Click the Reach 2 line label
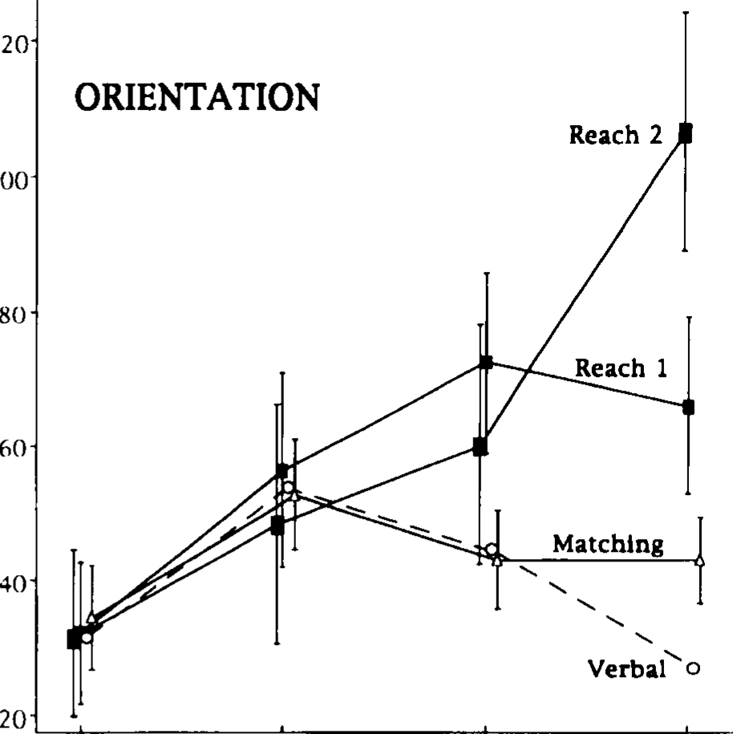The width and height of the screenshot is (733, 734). coord(615,135)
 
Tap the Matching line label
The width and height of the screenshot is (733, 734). coord(608,544)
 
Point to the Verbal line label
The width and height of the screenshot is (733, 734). coord(627,668)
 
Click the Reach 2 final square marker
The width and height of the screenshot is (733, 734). coord(685,133)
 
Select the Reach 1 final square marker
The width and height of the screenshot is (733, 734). coord(688,408)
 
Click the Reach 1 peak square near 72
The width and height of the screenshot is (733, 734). coord(486,363)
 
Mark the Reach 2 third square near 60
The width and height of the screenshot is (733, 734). coord(480,448)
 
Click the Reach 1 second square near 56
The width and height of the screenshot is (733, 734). coord(281,470)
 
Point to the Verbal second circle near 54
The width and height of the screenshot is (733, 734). coord(288,488)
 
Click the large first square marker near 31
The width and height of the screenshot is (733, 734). coord(74,639)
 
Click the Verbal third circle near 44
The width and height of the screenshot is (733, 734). coord(492,549)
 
